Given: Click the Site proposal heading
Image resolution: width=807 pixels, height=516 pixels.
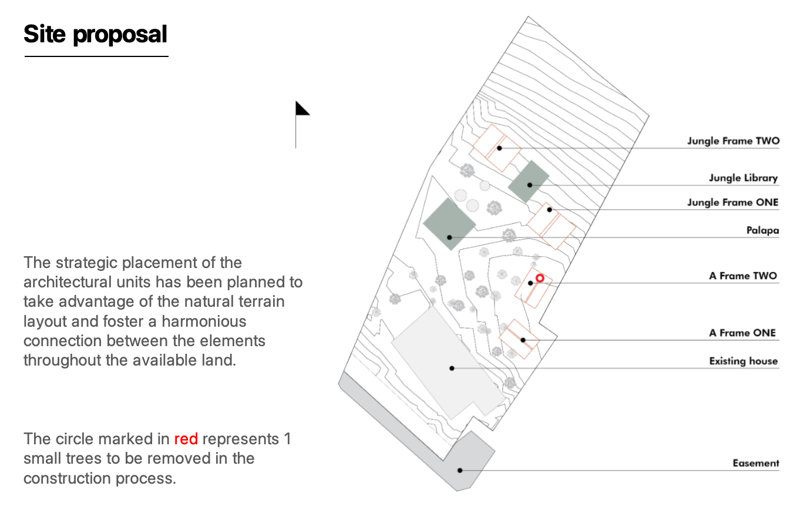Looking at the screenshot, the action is pyautogui.click(x=95, y=34).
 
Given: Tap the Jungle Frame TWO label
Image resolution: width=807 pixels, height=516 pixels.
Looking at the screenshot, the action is pyautogui.click(x=733, y=141).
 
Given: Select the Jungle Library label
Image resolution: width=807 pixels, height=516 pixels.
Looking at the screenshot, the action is pyautogui.click(x=743, y=178).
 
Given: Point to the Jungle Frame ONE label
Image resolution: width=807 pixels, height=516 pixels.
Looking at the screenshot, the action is pyautogui.click(x=732, y=203).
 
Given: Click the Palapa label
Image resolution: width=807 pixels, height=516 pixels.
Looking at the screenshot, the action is pyautogui.click(x=762, y=230).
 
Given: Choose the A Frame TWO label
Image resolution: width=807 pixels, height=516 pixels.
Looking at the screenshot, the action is pyautogui.click(x=742, y=276).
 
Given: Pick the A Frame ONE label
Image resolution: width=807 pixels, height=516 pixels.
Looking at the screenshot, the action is pyautogui.click(x=742, y=333).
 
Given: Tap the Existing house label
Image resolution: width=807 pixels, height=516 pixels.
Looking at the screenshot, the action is pyautogui.click(x=743, y=361).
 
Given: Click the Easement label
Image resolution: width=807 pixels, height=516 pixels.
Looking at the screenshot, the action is pyautogui.click(x=755, y=464).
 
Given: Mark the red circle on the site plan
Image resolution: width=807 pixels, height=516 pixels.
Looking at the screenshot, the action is pyautogui.click(x=540, y=278).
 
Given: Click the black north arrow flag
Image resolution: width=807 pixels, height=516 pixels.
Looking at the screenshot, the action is pyautogui.click(x=302, y=109).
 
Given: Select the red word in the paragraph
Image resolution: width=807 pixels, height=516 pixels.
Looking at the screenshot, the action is pyautogui.click(x=186, y=440).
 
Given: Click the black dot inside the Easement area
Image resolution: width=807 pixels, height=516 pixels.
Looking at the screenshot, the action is pyautogui.click(x=460, y=470).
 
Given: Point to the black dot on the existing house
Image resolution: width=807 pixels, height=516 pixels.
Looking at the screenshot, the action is pyautogui.click(x=452, y=368).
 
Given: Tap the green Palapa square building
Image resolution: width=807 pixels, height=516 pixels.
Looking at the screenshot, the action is pyautogui.click(x=449, y=223).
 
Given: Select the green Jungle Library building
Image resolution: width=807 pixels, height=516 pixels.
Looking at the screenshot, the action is pyautogui.click(x=529, y=181).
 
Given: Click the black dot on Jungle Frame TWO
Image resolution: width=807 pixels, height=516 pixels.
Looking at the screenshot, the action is pyautogui.click(x=499, y=148).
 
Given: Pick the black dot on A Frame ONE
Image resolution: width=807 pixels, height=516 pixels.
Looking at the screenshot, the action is pyautogui.click(x=523, y=340).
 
